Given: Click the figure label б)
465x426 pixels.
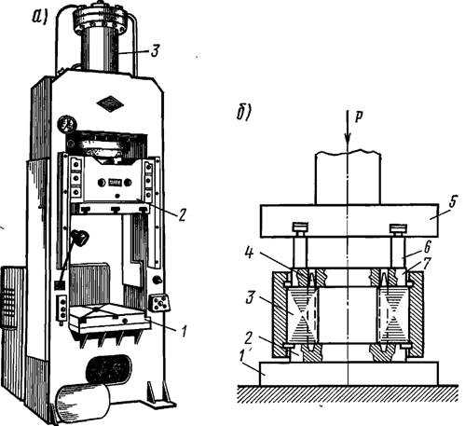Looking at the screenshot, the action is (x=244, y=113).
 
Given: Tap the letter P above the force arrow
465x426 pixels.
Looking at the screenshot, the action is (x=359, y=117).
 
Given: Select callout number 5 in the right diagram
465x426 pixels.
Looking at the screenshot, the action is (x=453, y=202).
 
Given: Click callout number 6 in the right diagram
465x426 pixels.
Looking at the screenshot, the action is (x=428, y=248).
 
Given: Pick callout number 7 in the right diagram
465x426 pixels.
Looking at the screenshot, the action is (x=428, y=263).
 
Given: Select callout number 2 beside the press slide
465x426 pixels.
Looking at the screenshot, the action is (x=182, y=214).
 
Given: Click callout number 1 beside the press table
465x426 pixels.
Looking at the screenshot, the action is (x=184, y=331).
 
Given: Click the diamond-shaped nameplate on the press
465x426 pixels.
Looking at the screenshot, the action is (x=110, y=103).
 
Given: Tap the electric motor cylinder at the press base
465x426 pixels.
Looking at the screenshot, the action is (x=82, y=402).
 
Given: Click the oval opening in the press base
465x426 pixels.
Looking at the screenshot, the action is (x=109, y=369).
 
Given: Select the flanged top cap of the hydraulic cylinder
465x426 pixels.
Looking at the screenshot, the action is (x=100, y=19).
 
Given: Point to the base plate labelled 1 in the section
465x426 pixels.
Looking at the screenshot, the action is (x=349, y=374).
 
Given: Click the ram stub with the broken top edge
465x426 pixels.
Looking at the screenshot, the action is (x=348, y=178).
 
